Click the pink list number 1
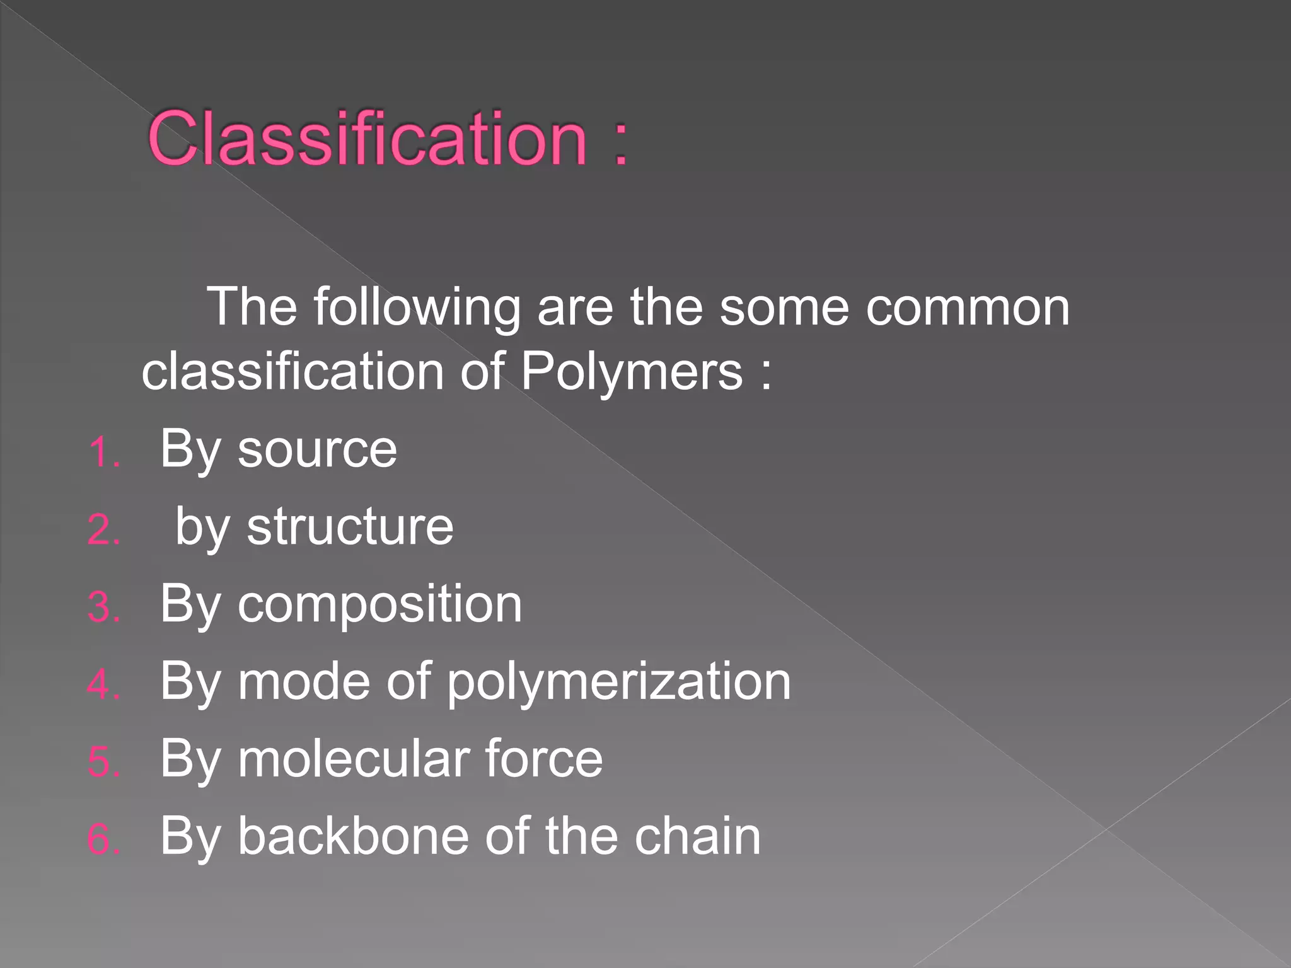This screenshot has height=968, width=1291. tap(103, 452)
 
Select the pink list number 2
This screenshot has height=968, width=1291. tap(103, 529)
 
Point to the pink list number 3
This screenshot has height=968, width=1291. tap(103, 608)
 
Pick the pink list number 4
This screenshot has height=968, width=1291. tap(103, 684)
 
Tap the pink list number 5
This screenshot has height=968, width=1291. tap(103, 762)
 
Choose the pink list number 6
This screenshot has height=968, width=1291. tap(103, 839)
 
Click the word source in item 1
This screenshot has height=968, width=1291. tap(317, 451)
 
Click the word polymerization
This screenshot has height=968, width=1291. tap(618, 683)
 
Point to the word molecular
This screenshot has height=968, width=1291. tap(352, 759)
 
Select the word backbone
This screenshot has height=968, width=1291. tap(354, 836)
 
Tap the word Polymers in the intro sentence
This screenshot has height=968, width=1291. tap(632, 372)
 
